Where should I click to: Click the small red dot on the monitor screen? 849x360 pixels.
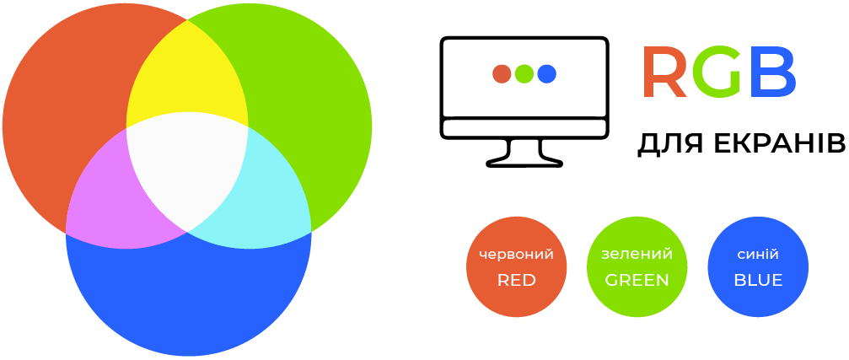click(x=502, y=73)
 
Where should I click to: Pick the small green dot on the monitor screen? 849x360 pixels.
click(x=524, y=73)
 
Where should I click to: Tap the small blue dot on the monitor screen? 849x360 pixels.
click(x=547, y=73)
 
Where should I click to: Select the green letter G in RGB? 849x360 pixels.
click(x=717, y=72)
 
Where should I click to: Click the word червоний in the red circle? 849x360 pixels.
click(x=517, y=255)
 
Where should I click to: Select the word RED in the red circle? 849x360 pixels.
click(x=517, y=280)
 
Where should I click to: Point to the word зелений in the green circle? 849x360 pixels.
click(x=637, y=254)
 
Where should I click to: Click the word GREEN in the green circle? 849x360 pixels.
click(x=637, y=280)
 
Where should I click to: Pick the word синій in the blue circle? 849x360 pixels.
click(x=758, y=254)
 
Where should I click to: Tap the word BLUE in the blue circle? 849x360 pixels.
click(x=758, y=280)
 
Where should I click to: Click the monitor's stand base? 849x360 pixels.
click(x=524, y=161)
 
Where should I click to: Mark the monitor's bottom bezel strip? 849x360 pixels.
click(x=524, y=128)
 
